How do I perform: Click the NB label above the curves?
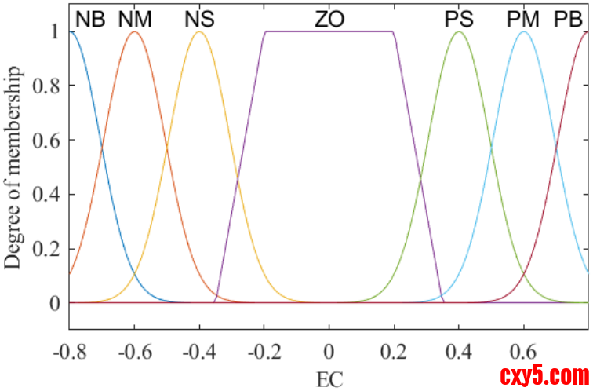coord(90,19)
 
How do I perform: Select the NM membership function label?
coord(135,19)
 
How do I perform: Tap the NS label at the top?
coord(200,19)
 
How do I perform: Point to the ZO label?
coord(329,19)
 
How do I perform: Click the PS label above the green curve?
coord(459,19)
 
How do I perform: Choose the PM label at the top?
coord(522,19)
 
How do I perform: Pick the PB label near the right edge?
coord(568,19)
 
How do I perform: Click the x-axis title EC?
coord(329,378)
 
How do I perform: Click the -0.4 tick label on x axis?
coord(199,350)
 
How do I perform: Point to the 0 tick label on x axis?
coord(329,350)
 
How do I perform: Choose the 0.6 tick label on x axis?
coord(524,350)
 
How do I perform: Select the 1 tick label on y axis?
coord(53,31)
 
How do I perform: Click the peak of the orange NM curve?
coord(135,31)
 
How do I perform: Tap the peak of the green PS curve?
coord(459,31)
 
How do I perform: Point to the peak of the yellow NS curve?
coord(200,31)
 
